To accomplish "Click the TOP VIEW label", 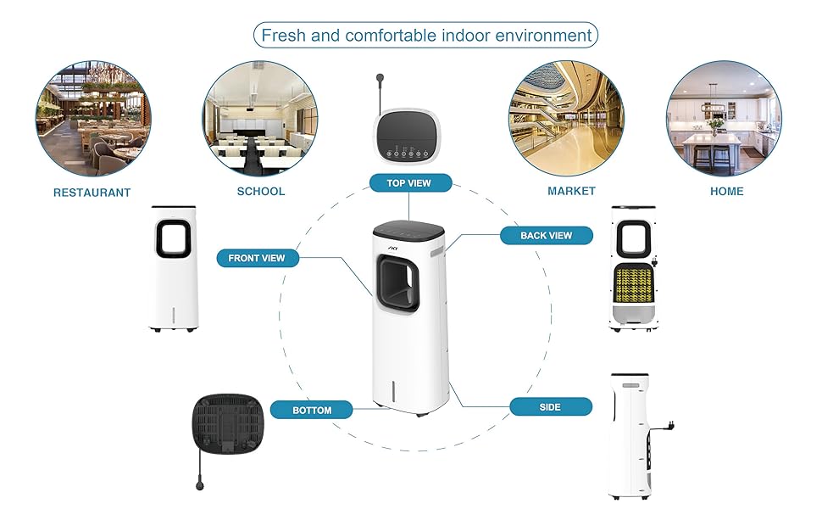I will pyautogui.click(x=410, y=182).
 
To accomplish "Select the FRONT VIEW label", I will pyautogui.click(x=257, y=257).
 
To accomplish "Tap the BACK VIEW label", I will pyautogui.click(x=546, y=235).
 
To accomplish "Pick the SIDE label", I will pyautogui.click(x=550, y=407).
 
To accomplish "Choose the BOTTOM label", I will pyautogui.click(x=312, y=410).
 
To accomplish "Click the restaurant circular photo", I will pyautogui.click(x=92, y=118).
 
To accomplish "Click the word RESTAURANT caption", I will pyautogui.click(x=92, y=193).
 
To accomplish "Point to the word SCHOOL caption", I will pyautogui.click(x=261, y=191).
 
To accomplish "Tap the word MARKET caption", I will pyautogui.click(x=571, y=191).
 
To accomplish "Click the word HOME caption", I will pyautogui.click(x=726, y=191).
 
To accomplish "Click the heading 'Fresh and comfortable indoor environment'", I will pyautogui.click(x=426, y=36).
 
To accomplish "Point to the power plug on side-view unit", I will pyautogui.click(x=669, y=422).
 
